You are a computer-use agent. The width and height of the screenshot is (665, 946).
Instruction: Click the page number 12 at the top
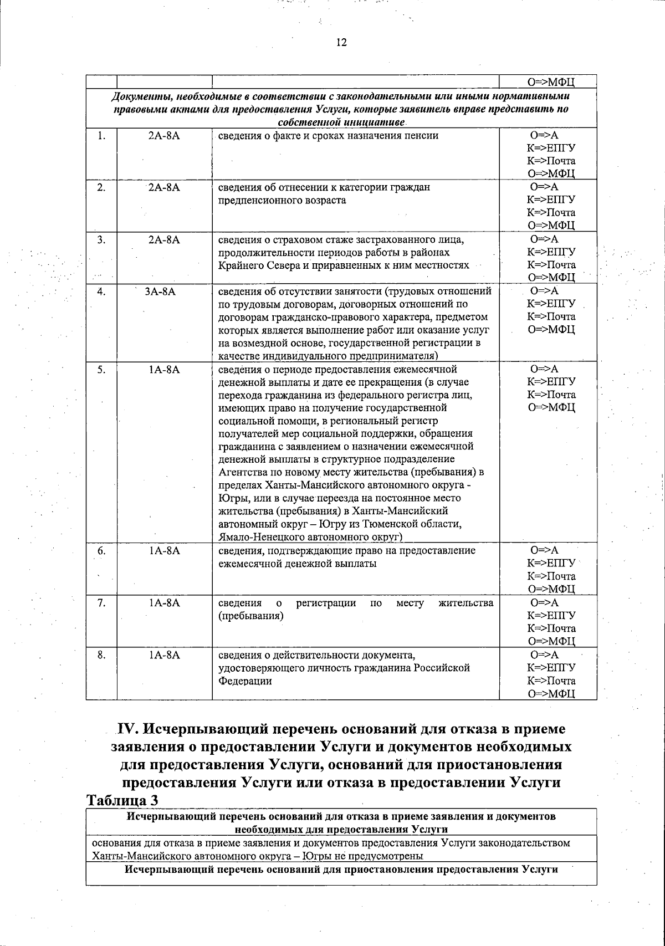tap(341, 43)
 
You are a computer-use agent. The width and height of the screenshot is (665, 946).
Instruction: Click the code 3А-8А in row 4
tap(160, 291)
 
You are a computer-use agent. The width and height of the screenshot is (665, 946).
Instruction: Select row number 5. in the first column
tap(101, 369)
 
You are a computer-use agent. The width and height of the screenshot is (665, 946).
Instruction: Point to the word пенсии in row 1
tap(423, 135)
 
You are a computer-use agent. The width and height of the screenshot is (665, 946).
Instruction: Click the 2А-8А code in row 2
tap(164, 187)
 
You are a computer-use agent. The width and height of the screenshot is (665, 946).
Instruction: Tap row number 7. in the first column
tap(101, 603)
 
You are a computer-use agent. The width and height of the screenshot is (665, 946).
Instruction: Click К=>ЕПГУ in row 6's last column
tap(551, 564)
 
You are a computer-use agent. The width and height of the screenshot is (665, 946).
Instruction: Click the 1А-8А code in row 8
tap(164, 655)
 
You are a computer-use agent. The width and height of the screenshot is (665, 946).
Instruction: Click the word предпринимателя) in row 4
tap(398, 356)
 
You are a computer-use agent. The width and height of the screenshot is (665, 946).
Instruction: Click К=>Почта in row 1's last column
tap(551, 161)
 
